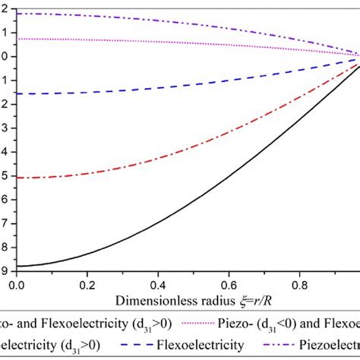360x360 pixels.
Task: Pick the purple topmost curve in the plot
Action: tap(152, 21)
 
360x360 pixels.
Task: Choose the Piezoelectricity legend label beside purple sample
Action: tap(328, 344)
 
